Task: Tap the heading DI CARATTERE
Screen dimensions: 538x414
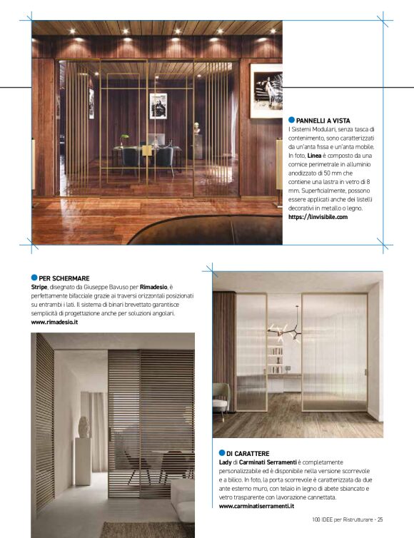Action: [x=248, y=453]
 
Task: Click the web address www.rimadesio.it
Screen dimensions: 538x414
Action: [x=55, y=323]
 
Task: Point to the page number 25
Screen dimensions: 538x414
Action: [x=380, y=519]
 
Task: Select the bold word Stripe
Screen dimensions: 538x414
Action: [x=41, y=286]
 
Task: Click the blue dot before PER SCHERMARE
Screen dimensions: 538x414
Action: [x=34, y=277]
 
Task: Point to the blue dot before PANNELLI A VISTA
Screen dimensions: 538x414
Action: [x=291, y=121]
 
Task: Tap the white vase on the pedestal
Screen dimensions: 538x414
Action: [x=84, y=427]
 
